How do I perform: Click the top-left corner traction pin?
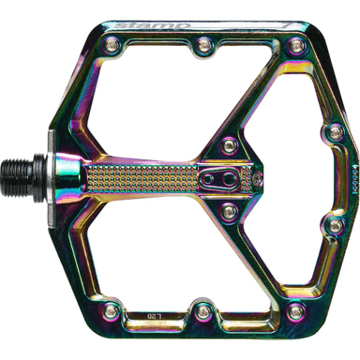[111, 43]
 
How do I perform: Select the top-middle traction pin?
[203, 43]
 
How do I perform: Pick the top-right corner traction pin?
[297, 44]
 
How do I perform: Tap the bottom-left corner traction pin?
[111, 309]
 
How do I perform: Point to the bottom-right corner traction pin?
[297, 308]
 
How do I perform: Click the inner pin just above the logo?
[228, 144]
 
